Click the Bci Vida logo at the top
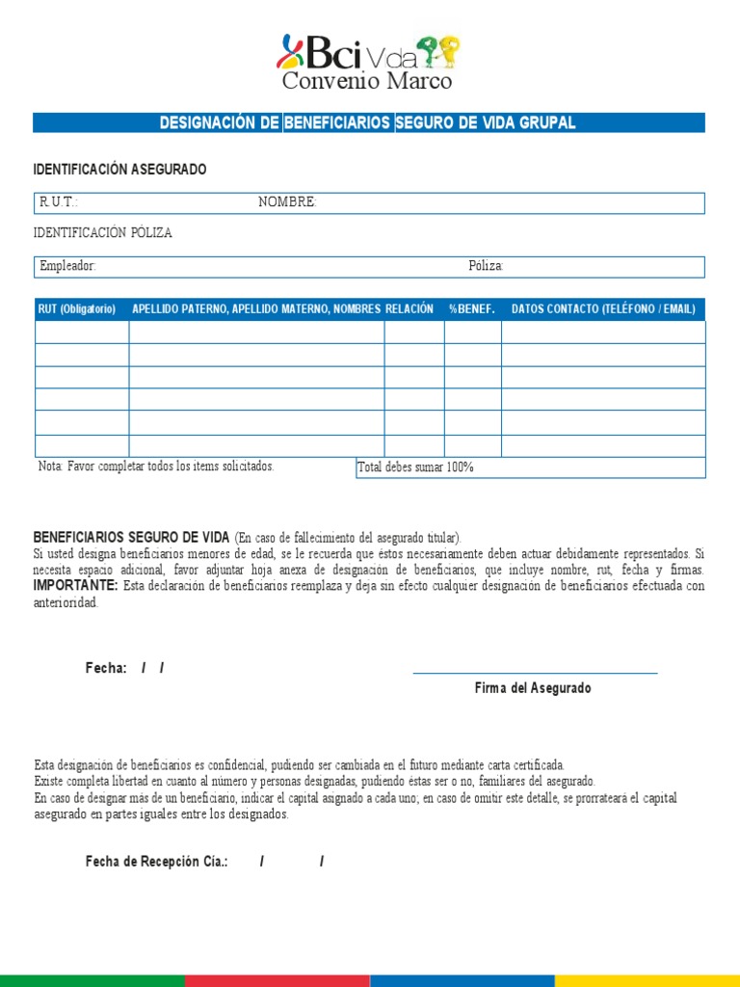tap(368, 52)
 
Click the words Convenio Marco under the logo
tap(366, 82)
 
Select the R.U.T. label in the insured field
tap(58, 202)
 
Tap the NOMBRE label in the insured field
tap(287, 202)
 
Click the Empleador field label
tap(67, 266)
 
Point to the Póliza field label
tap(487, 266)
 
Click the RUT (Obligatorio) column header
tap(77, 309)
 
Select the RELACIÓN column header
tap(410, 309)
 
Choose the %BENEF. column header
tap(471, 309)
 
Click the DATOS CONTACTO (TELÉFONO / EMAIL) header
tap(603, 309)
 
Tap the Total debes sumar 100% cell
tap(415, 467)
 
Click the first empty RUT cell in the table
tap(82, 333)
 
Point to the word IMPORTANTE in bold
tap(75, 585)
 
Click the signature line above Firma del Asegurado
tap(535, 673)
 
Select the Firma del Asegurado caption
tap(533, 688)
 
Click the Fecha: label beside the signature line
tap(106, 668)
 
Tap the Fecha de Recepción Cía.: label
tap(156, 862)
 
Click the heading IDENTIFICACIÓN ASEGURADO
tap(119, 170)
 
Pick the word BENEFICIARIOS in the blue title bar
tap(337, 122)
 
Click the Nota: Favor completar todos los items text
tap(156, 467)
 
